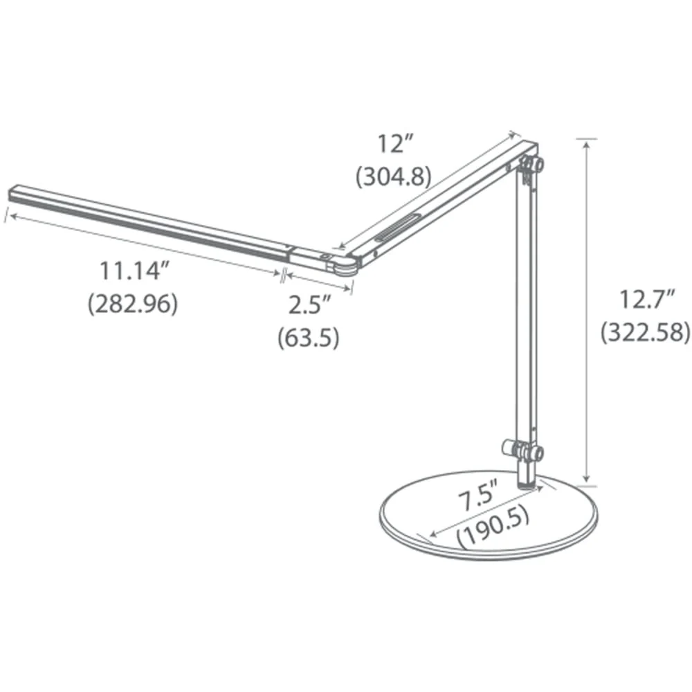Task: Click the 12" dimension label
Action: click(x=395, y=145)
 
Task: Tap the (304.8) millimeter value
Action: click(x=393, y=177)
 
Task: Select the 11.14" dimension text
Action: click(x=135, y=271)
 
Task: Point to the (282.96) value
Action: click(x=133, y=304)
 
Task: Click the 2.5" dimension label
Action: click(x=309, y=304)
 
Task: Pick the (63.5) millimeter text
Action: click(x=309, y=338)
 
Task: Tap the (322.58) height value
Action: click(x=645, y=332)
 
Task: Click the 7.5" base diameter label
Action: click(x=478, y=496)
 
